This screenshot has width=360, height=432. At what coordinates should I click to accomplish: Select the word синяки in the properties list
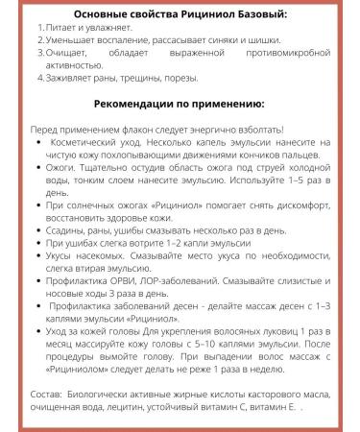point(247,53)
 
